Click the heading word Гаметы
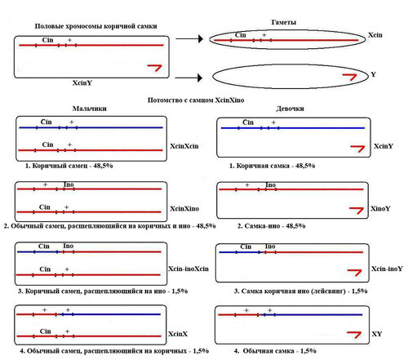pyautogui.click(x=283, y=22)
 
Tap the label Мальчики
pyautogui.click(x=90, y=109)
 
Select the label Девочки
pyautogui.click(x=290, y=109)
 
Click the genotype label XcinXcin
pyautogui.click(x=184, y=146)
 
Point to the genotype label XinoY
pyautogui.click(x=380, y=209)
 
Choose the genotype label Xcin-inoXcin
pyautogui.click(x=188, y=269)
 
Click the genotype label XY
pyautogui.click(x=377, y=334)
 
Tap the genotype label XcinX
pyautogui.click(x=178, y=334)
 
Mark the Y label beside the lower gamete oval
pyautogui.click(x=374, y=74)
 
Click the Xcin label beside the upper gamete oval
pyautogui.click(x=375, y=35)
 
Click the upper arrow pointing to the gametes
pyautogui.click(x=189, y=39)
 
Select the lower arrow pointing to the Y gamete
pyautogui.click(x=188, y=78)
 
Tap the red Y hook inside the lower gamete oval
pyautogui.click(x=350, y=77)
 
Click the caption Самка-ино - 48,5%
pyautogui.click(x=272, y=226)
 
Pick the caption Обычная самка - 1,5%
pyautogui.click(x=275, y=351)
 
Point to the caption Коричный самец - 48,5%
pyautogui.click(x=69, y=166)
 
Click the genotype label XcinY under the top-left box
pyautogui.click(x=82, y=82)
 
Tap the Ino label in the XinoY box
pyautogui.click(x=271, y=185)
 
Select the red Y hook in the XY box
pyautogui.click(x=354, y=335)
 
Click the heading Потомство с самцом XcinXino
pyautogui.click(x=196, y=100)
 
